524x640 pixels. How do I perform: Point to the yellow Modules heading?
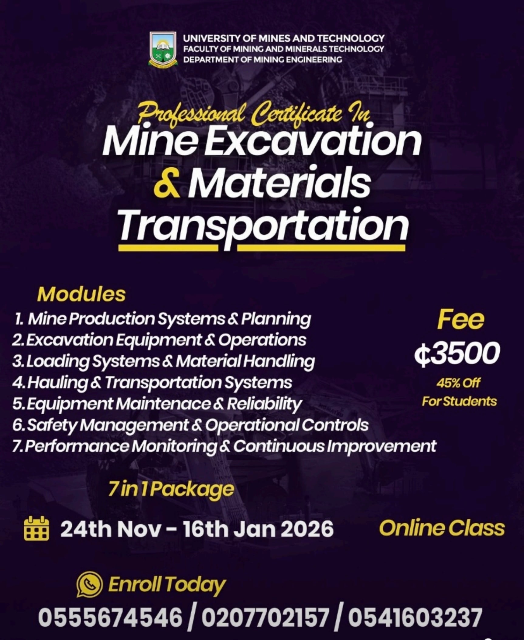(81, 294)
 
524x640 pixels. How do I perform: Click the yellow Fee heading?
(460, 320)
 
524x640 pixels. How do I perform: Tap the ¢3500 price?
(457, 353)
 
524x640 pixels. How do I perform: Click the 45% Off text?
(458, 383)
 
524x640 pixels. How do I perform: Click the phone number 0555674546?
(110, 617)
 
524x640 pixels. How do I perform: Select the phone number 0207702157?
(263, 617)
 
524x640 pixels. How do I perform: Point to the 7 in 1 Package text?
(172, 489)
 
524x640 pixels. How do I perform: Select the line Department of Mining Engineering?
(262, 60)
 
